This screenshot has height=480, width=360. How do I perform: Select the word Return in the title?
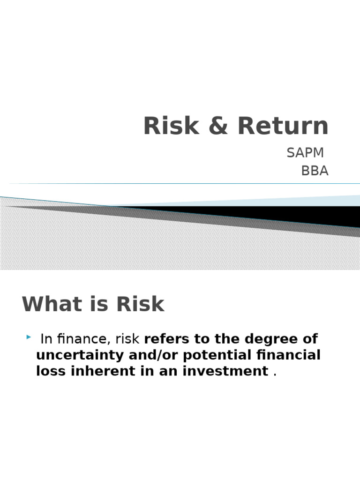click(x=283, y=126)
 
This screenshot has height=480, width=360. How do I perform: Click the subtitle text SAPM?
click(x=305, y=153)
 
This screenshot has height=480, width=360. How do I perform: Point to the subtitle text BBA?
click(x=315, y=171)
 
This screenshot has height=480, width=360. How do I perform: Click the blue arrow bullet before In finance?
click(x=29, y=337)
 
